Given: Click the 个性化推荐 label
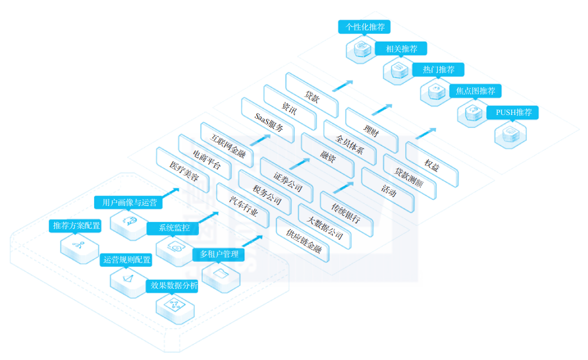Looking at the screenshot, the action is click(x=364, y=27).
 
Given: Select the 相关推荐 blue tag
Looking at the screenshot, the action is click(x=401, y=49).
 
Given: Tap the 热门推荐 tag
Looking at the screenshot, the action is click(x=438, y=70).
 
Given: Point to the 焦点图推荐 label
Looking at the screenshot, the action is click(x=475, y=91).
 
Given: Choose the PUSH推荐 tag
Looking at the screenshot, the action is click(x=512, y=113).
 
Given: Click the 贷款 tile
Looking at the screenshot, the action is click(x=312, y=96).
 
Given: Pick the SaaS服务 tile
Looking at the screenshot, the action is click(x=268, y=121).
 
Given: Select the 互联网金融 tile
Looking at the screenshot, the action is click(x=227, y=145).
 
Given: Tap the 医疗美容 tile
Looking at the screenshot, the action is click(x=183, y=170).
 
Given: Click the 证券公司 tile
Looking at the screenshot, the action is click(x=287, y=181).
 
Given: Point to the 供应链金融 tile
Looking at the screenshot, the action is click(x=303, y=239).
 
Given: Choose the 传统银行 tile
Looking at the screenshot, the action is click(x=347, y=214).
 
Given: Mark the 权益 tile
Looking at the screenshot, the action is click(x=432, y=165).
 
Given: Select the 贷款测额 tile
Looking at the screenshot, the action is click(x=410, y=177).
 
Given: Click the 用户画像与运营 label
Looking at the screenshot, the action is click(x=128, y=202).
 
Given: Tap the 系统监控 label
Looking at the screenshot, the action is click(x=173, y=228).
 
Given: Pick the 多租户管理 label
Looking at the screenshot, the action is click(x=219, y=255).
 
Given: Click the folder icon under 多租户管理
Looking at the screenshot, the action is click(x=221, y=274).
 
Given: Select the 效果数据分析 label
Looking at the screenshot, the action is click(x=173, y=286).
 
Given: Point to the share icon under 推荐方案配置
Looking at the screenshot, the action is click(x=78, y=245).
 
